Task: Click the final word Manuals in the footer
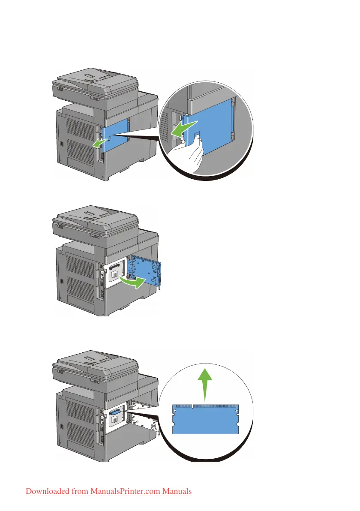tap(176, 491)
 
